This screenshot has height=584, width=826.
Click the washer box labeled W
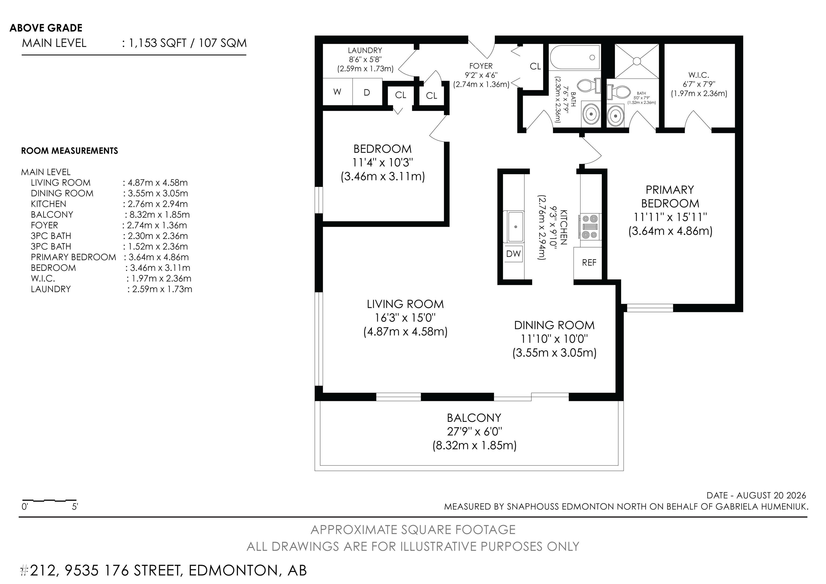click(x=337, y=92)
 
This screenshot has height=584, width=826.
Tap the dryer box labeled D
click(x=367, y=92)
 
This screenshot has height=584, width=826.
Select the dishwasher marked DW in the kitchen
click(x=513, y=254)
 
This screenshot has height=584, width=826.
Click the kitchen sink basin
click(x=515, y=227)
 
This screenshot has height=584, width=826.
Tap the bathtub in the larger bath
click(x=575, y=58)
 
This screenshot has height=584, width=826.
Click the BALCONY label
click(x=474, y=418)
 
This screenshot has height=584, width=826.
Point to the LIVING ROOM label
click(x=405, y=304)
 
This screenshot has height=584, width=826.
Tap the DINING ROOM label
click(x=554, y=325)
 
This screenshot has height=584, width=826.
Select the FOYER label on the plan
click(x=481, y=66)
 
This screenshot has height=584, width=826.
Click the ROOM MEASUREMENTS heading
click(x=69, y=151)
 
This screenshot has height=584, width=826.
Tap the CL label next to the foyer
click(x=535, y=66)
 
